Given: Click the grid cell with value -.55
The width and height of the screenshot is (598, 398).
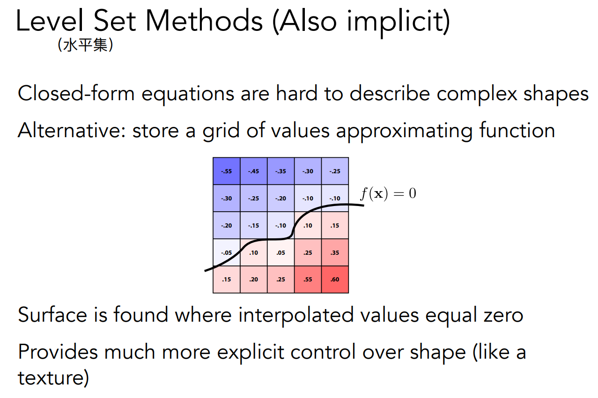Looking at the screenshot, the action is (226, 171).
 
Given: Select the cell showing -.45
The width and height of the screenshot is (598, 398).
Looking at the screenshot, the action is (254, 171).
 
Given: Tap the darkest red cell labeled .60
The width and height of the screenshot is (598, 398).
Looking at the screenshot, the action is (335, 280).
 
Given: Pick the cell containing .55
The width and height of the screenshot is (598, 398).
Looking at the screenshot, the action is (308, 280).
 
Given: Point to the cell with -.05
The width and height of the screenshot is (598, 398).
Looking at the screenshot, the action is (226, 252).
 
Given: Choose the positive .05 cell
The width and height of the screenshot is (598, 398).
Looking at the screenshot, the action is (281, 252).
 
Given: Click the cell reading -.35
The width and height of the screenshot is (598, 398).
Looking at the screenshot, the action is (281, 171).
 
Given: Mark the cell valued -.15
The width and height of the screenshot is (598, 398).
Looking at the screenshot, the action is (254, 225).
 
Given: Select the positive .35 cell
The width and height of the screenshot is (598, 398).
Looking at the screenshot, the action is (335, 252).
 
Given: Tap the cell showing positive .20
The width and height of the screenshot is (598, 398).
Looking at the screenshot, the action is (254, 280).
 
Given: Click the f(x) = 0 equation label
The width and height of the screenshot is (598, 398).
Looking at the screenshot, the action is (388, 193).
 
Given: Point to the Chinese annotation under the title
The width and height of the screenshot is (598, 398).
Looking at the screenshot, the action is (85, 45).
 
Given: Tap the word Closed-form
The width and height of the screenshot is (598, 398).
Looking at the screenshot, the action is (76, 94).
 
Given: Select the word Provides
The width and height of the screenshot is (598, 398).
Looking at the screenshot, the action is (58, 352).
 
